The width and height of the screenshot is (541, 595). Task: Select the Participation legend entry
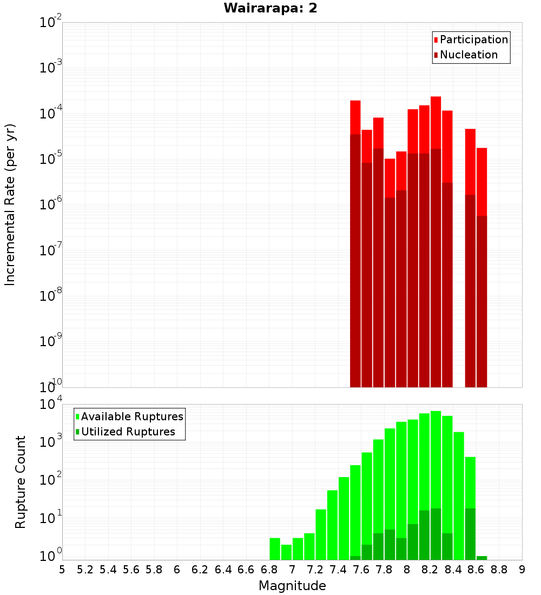(473, 39)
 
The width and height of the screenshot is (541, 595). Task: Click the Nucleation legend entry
(469, 55)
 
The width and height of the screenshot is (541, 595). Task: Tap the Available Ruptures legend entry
(132, 416)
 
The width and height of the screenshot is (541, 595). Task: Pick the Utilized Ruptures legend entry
(128, 432)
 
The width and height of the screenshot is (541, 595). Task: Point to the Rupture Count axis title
(21, 482)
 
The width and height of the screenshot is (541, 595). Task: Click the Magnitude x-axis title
(292, 585)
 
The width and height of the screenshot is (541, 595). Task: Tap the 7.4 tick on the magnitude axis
(338, 570)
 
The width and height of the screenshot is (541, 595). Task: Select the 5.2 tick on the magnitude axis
(85, 570)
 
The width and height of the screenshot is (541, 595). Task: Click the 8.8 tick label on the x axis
(499, 570)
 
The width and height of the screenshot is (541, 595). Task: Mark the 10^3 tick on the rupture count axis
(51, 441)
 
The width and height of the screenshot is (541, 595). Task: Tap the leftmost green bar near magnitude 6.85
(275, 548)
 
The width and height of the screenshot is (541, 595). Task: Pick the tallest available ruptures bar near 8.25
(436, 460)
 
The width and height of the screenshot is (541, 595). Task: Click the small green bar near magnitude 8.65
(481, 558)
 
